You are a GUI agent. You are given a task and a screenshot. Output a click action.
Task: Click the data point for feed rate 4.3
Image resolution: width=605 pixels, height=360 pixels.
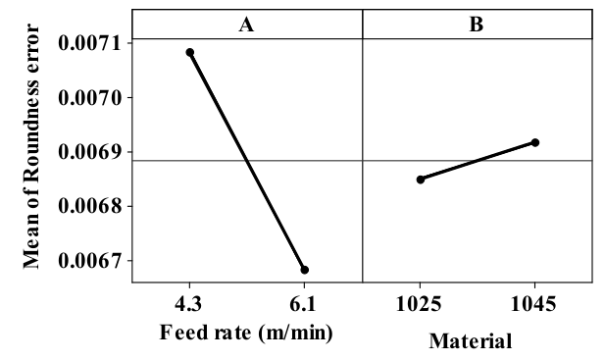[190, 52]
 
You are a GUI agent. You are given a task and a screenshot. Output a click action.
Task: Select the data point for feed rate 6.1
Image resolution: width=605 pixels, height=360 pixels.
[305, 269]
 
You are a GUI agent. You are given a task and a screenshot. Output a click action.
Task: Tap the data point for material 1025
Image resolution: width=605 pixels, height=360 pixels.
[421, 179]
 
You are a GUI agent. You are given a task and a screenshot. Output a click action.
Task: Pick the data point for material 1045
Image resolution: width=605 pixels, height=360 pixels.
[535, 142]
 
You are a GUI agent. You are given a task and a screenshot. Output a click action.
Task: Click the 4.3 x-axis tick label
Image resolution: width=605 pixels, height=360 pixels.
[189, 304]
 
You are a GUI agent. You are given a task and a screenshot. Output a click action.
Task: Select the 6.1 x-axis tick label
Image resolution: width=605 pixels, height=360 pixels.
[305, 304]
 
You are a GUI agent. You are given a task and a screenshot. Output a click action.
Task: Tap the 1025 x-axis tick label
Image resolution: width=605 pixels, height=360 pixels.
[420, 304]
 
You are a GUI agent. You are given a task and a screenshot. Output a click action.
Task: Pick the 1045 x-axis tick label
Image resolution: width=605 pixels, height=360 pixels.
[535, 304]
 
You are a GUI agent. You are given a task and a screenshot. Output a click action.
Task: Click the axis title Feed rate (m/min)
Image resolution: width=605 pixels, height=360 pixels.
[247, 332]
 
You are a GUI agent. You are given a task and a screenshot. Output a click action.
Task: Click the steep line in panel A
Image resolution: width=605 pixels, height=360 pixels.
[247, 160]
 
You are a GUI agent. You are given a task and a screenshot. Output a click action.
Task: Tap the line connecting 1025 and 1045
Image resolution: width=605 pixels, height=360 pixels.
[478, 161]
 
